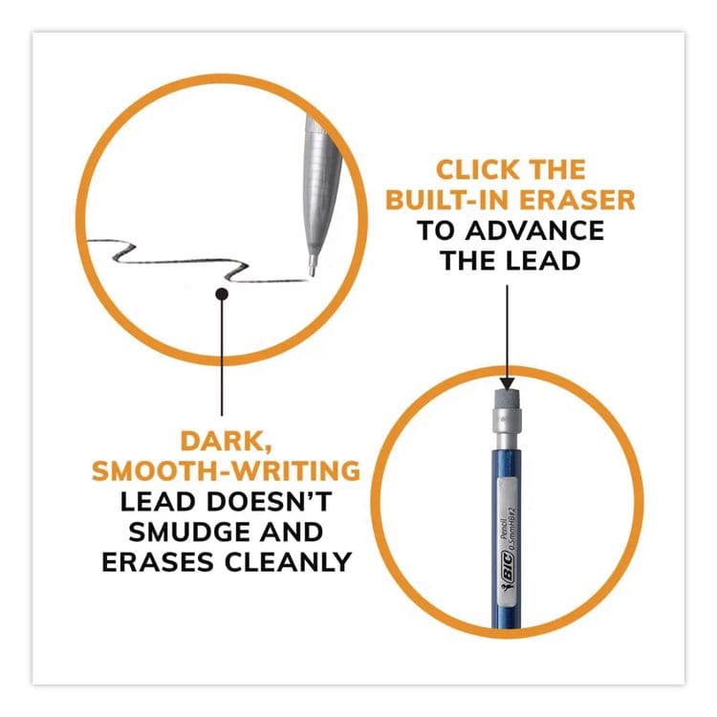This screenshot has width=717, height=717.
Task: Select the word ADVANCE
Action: tap(534, 230)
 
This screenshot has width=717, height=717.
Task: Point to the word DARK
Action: tap(224, 442)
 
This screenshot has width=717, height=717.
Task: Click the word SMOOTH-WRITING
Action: tap(226, 471)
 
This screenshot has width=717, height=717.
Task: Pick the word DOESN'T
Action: tap(269, 502)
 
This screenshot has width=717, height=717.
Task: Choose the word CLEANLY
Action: tap(288, 562)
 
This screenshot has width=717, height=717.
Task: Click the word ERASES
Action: tap(158, 562)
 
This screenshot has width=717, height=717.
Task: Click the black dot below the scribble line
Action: tap(222, 293)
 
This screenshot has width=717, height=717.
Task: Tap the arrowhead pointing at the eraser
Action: tap(507, 383)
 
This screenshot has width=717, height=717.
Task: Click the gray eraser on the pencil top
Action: tap(507, 399)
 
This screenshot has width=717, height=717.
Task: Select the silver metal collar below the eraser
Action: tap(507, 420)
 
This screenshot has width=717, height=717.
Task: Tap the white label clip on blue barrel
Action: tap(508, 540)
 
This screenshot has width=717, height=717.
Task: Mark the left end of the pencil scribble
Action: tap(87, 241)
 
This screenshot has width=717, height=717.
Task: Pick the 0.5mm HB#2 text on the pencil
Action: tap(512, 525)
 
